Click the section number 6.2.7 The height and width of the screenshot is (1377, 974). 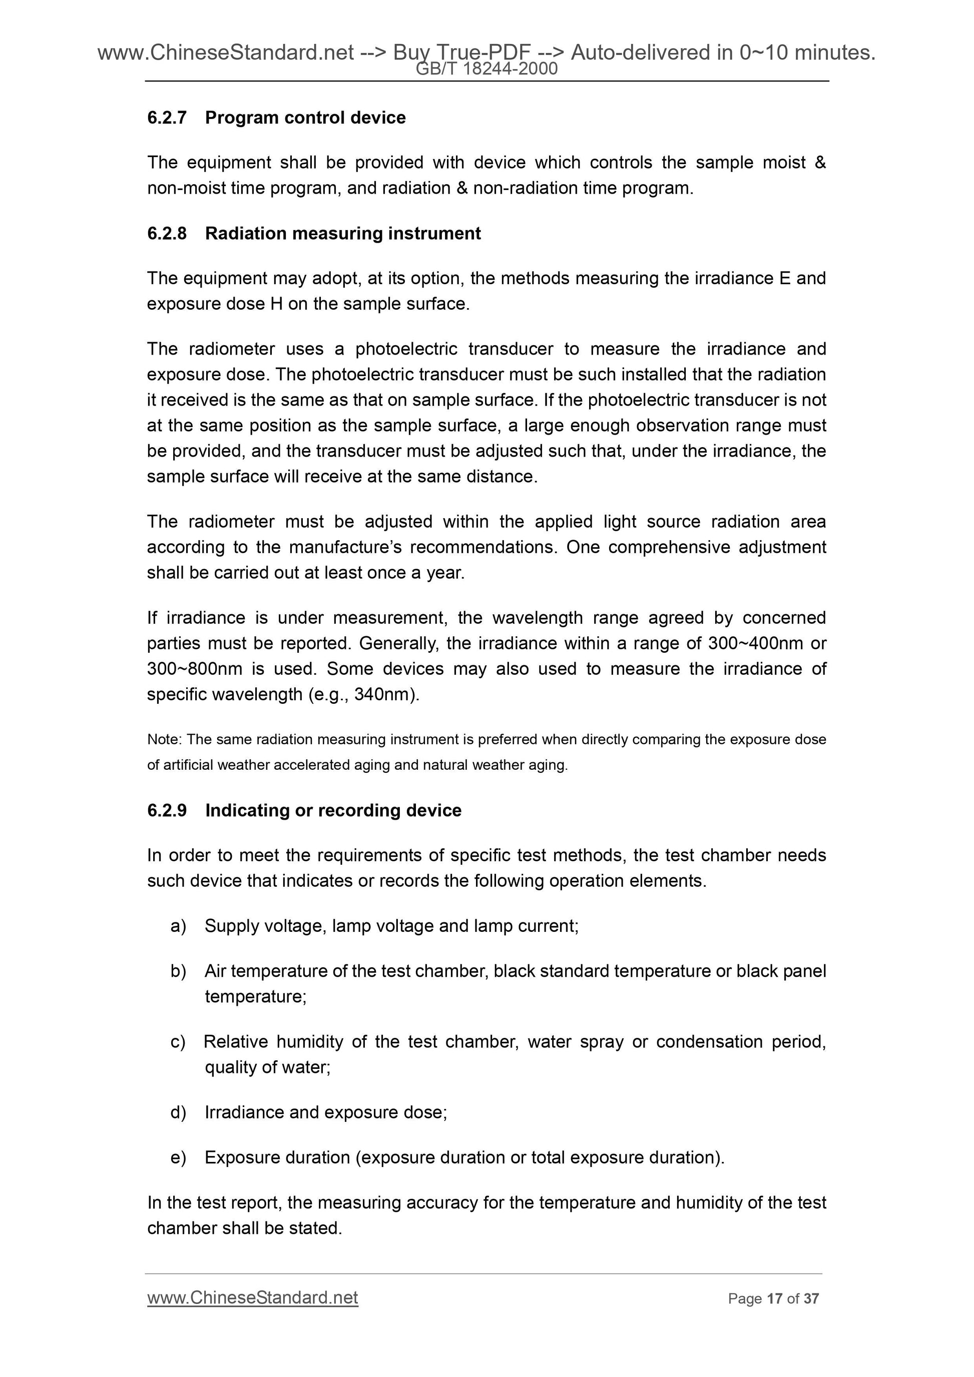(167, 118)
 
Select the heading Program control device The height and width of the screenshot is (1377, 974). (305, 118)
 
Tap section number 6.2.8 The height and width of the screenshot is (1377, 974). (167, 233)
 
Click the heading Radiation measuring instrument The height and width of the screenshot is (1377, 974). (343, 233)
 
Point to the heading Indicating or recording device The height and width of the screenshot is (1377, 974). (333, 810)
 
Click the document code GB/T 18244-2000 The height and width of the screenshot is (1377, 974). (486, 70)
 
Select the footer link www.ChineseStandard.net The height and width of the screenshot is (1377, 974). (253, 1298)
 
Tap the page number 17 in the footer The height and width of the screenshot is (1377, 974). (774, 1299)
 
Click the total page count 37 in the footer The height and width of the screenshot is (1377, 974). (811, 1299)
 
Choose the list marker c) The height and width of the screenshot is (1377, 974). (178, 1042)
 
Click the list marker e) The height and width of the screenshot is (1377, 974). (178, 1157)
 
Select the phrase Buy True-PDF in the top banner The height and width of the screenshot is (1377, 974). (461, 53)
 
